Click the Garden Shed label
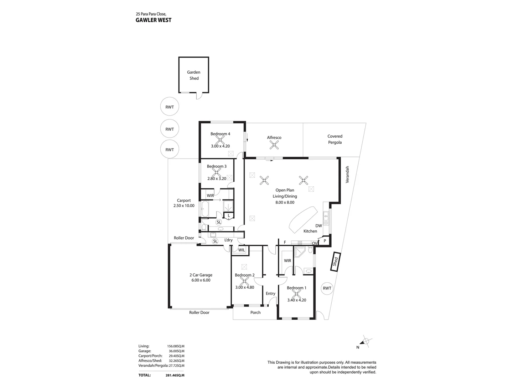point(194,75)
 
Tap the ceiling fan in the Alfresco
point(274,144)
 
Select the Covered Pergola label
point(335,139)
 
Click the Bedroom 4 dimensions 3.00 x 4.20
point(220,146)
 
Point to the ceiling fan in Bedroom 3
point(216,172)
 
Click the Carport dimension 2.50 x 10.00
point(184,206)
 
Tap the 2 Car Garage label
point(201,275)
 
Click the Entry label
point(270,293)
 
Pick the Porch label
point(255,313)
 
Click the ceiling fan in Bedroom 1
point(296,294)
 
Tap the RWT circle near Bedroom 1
point(327,288)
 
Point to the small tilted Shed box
point(335,262)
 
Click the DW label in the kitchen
point(318,226)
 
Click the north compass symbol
point(366,342)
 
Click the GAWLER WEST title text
point(154,20)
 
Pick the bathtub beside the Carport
point(205,209)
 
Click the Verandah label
point(347,175)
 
